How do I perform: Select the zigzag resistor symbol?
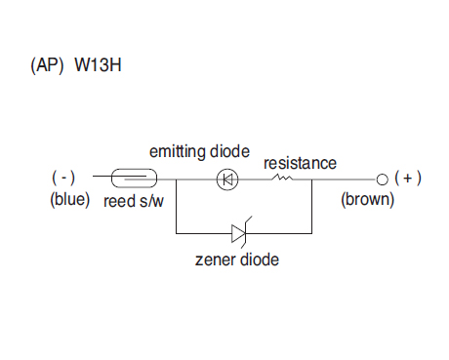[x=282, y=178]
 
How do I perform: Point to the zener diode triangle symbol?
[x=238, y=233]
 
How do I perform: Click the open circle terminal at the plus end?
[x=383, y=180]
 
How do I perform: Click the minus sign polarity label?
[x=63, y=178]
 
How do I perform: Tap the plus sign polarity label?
[x=408, y=178]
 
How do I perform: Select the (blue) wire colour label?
[x=70, y=199]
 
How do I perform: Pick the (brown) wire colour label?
[x=368, y=199]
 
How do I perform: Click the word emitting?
[x=178, y=152]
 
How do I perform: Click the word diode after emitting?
[x=229, y=151]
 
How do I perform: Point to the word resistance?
[x=300, y=163]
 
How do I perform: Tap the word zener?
[x=215, y=260]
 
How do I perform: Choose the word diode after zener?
[x=259, y=260]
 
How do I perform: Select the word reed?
[x=119, y=201]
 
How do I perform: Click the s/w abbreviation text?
[x=151, y=201]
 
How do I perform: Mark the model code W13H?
[x=99, y=65]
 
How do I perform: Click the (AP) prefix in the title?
[x=47, y=65]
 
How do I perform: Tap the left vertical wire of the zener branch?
[x=177, y=206]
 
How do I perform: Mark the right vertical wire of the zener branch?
[x=312, y=206]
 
